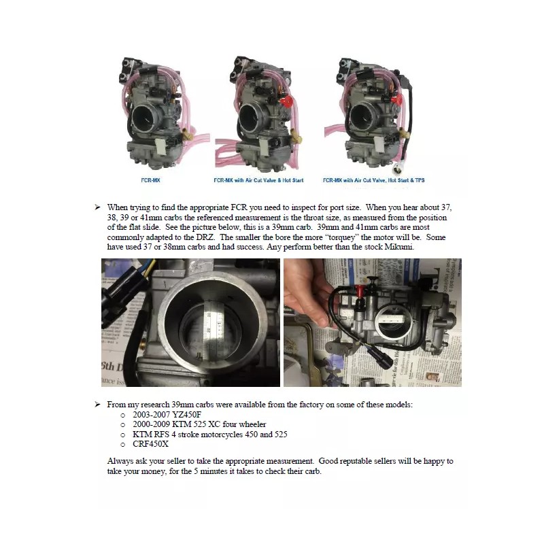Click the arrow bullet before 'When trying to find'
point(98,207)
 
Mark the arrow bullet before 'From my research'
point(98,405)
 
